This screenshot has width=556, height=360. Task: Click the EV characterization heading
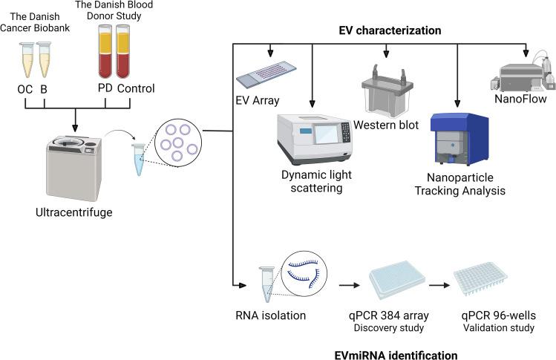point(390,30)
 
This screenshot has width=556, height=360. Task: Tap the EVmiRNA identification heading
point(396,355)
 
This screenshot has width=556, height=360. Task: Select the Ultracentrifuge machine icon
point(73,168)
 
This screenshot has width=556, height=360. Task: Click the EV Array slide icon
point(266,74)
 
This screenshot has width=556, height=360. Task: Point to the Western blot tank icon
point(387,91)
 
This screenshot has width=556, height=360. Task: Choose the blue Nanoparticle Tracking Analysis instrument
point(459,140)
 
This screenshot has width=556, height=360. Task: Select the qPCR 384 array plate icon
point(397,280)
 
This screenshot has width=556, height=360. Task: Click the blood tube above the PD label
point(105,51)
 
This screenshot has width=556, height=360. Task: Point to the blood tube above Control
point(123,51)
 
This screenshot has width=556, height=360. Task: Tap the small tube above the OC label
point(27,59)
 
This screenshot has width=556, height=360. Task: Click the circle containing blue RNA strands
point(304,273)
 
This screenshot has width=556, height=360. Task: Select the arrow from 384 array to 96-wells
point(439,285)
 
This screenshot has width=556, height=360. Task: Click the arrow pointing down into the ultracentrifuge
point(75,120)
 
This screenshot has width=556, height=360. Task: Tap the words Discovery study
point(389,327)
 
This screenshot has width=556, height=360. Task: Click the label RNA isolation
point(270,315)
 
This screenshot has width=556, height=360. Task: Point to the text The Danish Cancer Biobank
point(35,22)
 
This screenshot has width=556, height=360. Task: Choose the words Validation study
point(499,327)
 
